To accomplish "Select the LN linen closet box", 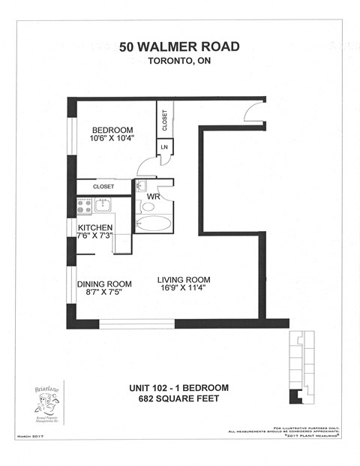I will pyautogui.click(x=164, y=147).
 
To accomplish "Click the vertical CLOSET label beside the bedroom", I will pyautogui.click(x=165, y=120).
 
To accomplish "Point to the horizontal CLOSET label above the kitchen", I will pyautogui.click(x=103, y=186).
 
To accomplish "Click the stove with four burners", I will pyautogui.click(x=83, y=206).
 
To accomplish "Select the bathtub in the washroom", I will pyautogui.click(x=154, y=224).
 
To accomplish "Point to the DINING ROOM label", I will pyautogui.click(x=104, y=284).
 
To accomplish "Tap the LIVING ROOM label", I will pyautogui.click(x=181, y=280).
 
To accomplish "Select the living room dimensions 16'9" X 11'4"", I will pyautogui.click(x=181, y=290).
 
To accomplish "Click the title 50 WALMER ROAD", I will pyautogui.click(x=180, y=47).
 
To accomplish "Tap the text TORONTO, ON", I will pyautogui.click(x=180, y=62).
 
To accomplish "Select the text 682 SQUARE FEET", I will pyautogui.click(x=178, y=398).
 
